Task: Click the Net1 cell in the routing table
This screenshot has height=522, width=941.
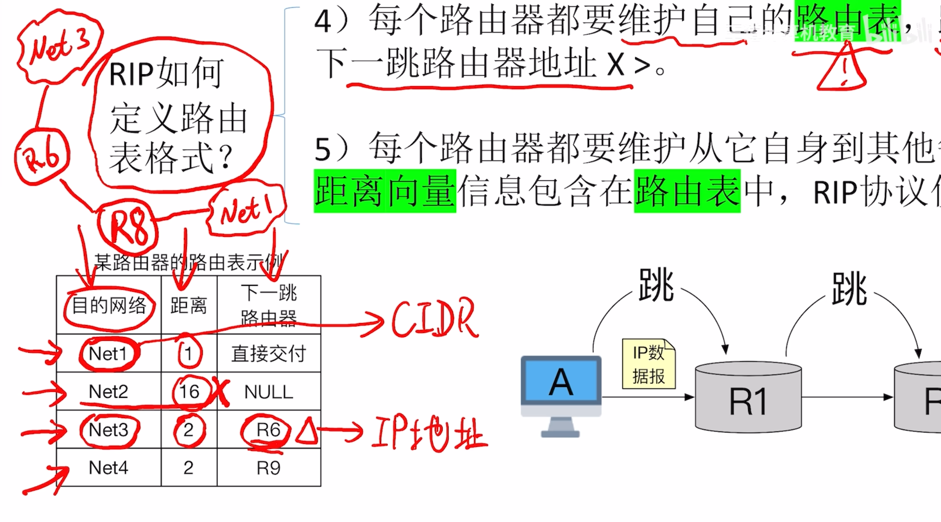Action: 108,354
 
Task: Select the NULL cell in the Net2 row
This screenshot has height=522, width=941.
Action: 269,392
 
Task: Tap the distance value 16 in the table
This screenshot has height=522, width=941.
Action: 189,392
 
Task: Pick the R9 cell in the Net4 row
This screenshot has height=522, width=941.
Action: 269,468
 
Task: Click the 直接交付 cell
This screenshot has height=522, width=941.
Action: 269,354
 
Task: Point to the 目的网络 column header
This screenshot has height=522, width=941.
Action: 109,306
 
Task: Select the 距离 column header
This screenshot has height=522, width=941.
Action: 189,306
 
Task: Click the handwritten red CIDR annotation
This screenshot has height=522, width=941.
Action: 434,319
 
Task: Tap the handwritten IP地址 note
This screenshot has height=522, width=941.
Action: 429,434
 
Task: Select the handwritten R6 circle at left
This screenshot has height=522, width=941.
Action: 42,157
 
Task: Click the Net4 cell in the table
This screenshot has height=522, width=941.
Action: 108,468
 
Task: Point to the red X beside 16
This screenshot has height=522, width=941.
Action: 221,393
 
